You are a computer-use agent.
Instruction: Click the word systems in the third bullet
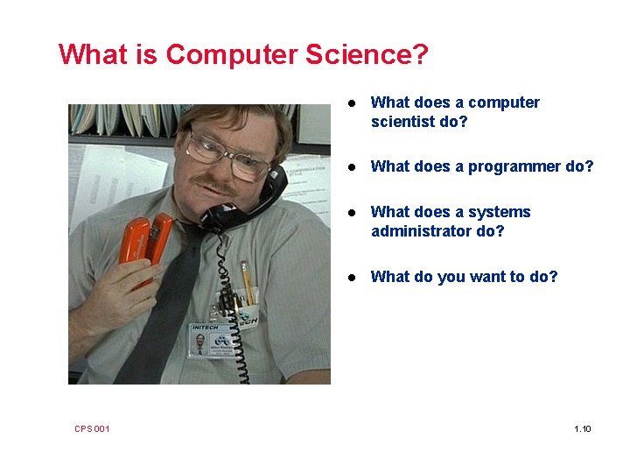(499, 212)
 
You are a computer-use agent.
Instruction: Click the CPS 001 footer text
(92, 428)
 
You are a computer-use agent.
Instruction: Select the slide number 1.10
(582, 428)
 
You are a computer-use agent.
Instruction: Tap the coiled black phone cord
(241, 333)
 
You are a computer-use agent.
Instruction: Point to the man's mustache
(215, 187)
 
